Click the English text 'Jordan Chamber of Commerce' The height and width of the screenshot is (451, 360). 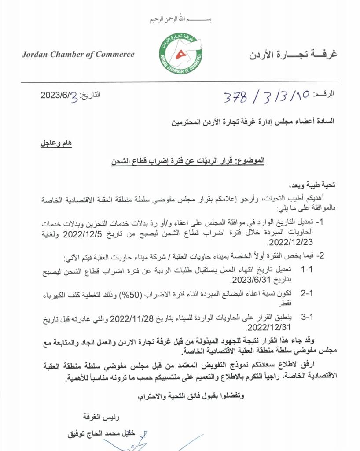tap(78, 55)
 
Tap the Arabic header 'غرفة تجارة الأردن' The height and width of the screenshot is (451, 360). tap(293, 55)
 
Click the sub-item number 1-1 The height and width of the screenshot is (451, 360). tap(306, 270)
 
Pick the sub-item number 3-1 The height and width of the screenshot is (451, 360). tap(306, 318)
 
